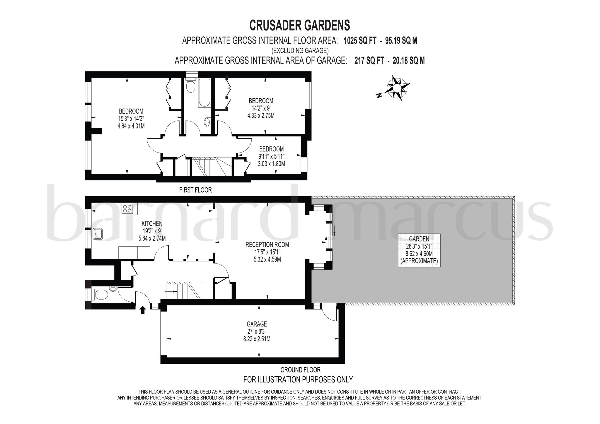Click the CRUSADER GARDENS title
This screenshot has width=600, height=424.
point(299,25)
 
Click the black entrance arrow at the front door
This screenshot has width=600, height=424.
point(143,310)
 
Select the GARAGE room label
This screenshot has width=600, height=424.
point(257,324)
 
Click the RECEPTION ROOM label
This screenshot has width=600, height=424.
point(267,245)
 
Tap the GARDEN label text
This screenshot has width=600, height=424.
point(419,239)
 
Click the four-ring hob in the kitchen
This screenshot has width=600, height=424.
point(127,208)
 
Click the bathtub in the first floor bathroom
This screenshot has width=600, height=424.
point(204,93)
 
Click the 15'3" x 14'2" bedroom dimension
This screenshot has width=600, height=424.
point(131,119)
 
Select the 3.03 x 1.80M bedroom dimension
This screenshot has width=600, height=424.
point(272,164)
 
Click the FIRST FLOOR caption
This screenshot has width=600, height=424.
point(195,190)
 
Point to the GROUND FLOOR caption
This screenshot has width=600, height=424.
point(301,370)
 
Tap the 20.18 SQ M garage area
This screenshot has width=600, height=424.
point(409,61)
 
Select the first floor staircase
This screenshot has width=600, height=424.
point(212,166)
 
